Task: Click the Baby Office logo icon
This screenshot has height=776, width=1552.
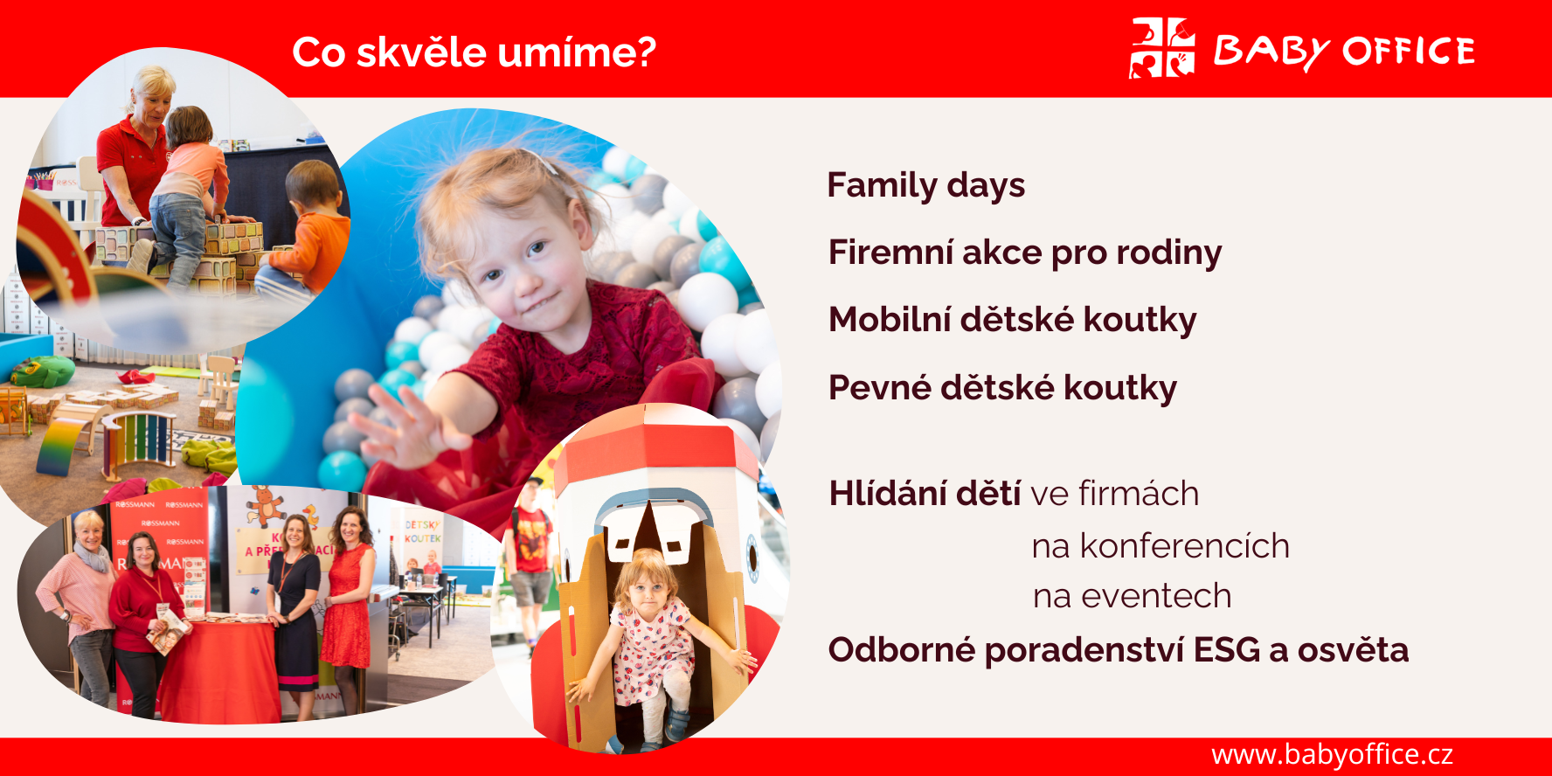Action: point(1162,48)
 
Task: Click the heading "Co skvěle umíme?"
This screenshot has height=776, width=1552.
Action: point(474,52)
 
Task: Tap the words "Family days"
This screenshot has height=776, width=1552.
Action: point(926,186)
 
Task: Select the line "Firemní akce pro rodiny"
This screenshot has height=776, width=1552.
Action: point(1025,253)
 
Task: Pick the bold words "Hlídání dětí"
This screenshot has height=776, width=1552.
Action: point(925,493)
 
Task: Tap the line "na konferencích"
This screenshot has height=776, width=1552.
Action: point(1161,546)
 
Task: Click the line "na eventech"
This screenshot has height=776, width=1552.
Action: point(1132,596)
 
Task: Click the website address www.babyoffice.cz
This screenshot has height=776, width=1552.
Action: point(1332,754)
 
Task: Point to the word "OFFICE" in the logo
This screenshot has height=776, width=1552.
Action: point(1409,52)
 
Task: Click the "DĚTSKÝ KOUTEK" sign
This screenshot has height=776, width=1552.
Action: point(422,531)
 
